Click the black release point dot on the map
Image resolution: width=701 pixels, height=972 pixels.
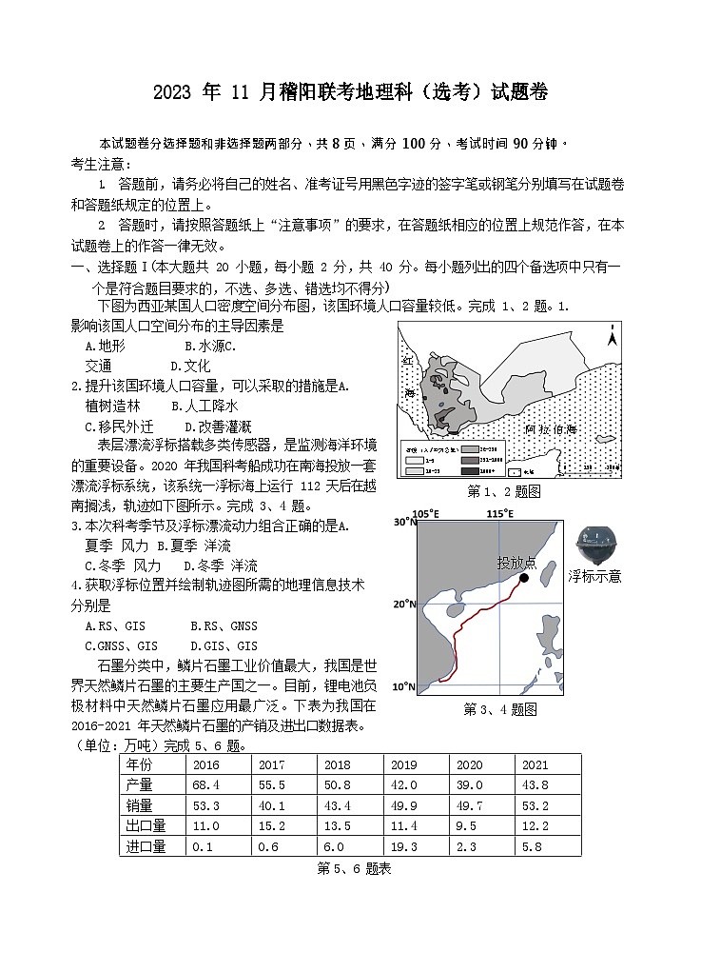[x=524, y=577]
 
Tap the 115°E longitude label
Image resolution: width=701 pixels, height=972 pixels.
[x=500, y=514]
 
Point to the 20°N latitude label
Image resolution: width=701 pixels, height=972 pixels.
[x=404, y=604]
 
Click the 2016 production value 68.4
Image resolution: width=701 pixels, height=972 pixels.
[x=205, y=784]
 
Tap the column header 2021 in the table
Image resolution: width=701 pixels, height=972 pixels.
[x=535, y=764]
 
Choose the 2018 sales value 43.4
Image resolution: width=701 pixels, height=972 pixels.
[x=337, y=804]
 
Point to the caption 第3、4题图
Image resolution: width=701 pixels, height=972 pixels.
[x=499, y=709]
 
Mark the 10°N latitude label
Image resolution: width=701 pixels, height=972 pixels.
[x=404, y=686]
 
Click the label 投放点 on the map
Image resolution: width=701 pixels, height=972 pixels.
[x=516, y=563]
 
